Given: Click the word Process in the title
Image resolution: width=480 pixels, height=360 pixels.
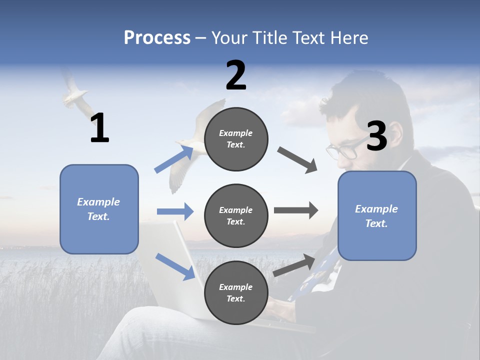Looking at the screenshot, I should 157,38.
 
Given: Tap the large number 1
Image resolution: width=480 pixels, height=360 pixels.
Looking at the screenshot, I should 99,128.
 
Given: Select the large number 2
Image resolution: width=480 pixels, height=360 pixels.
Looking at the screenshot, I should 236,75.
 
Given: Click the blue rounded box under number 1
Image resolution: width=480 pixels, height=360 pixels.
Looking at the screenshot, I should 99,209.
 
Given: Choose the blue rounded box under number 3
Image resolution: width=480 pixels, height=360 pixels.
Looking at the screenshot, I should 377,215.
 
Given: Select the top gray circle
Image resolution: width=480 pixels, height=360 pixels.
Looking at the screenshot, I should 236,139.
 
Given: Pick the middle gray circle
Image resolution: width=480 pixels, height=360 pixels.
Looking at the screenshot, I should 236,215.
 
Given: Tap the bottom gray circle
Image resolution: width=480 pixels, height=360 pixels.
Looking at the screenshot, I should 236,292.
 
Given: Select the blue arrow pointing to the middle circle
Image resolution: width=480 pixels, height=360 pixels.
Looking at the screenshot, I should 175,211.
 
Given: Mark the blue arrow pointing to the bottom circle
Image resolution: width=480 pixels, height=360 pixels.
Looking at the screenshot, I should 175,266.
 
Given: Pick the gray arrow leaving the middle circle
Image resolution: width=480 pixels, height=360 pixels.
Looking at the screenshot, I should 296,210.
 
